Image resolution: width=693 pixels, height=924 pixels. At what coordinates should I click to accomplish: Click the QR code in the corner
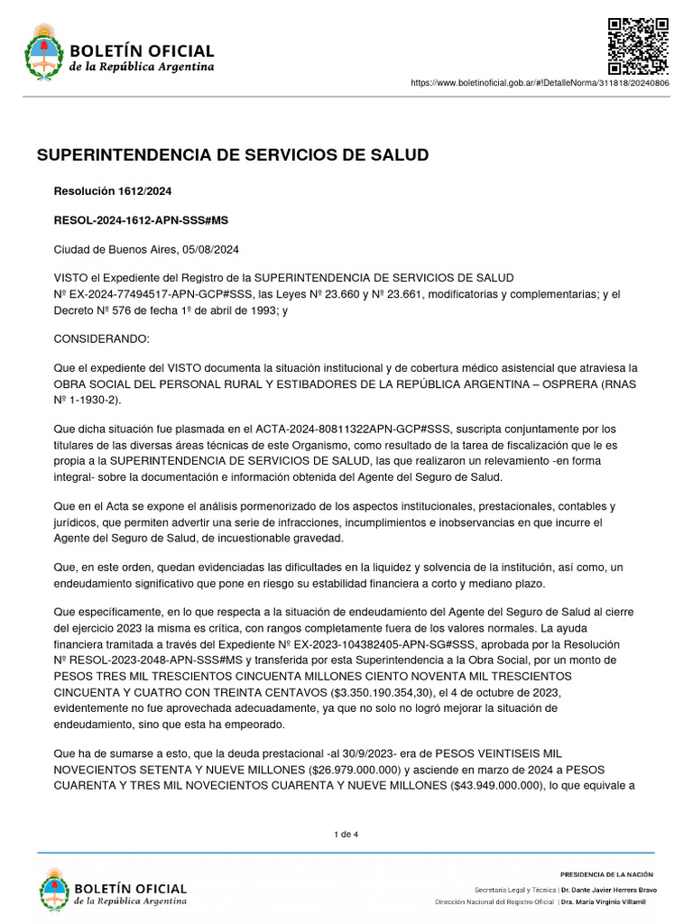pos(637,46)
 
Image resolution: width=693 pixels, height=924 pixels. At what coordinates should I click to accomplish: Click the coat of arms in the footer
pos(54,888)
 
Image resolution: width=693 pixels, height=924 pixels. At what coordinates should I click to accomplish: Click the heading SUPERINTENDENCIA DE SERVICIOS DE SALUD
pos(233,155)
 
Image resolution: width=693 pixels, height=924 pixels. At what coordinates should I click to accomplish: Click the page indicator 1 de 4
pos(346,834)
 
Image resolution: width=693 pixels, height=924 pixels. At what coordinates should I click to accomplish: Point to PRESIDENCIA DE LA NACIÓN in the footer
pos(606,874)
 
